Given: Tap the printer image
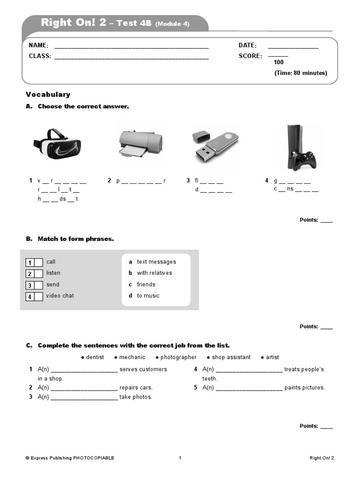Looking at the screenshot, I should pos(140,143).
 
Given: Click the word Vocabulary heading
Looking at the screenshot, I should pos(48,94).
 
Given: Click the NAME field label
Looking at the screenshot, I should pos(38,45).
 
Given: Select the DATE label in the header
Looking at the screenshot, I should pos(247,45).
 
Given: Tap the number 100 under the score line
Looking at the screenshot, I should pos(278,62).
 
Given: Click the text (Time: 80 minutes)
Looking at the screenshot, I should pos(300,73).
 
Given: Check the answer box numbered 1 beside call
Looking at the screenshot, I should pos(38,262).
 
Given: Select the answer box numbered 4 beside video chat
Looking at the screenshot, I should pos(38,296).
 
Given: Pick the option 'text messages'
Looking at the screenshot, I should pos(156,262).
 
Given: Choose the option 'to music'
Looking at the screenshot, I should pos(148,296).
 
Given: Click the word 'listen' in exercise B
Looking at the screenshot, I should pos(53,273).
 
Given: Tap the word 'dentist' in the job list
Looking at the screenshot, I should pos(95,357).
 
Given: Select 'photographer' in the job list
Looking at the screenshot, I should pos(178,357).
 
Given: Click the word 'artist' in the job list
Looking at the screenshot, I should pos(272,357).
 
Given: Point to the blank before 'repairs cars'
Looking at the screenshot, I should pos(84,388).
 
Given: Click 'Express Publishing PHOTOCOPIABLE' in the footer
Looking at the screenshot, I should pos(72,458).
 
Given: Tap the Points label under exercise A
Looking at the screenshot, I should pos(309,220).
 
